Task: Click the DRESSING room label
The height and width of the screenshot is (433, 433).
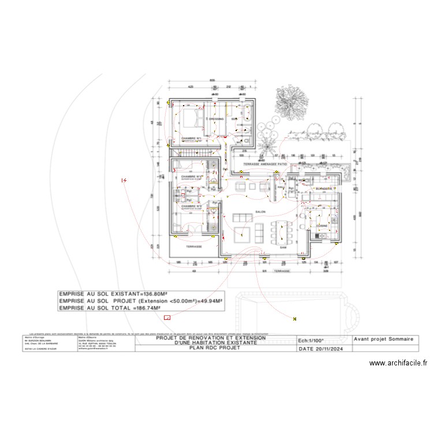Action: point(216,119)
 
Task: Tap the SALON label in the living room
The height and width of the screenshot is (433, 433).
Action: point(260,212)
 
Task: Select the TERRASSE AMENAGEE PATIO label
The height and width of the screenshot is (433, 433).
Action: point(265,165)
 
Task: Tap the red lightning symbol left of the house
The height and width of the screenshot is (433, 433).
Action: point(124,181)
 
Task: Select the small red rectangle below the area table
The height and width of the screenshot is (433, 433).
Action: point(167,317)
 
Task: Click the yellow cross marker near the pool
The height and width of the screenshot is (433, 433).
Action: point(295,318)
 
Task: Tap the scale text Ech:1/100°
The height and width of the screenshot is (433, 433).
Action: point(311,341)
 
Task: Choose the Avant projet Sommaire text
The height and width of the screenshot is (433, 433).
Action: point(383,340)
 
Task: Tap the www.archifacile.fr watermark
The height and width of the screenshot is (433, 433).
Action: point(399,363)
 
